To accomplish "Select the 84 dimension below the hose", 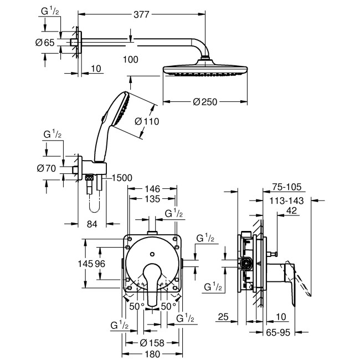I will [92, 224].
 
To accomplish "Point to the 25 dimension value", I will [223, 317].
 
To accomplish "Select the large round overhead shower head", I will [205, 71].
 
